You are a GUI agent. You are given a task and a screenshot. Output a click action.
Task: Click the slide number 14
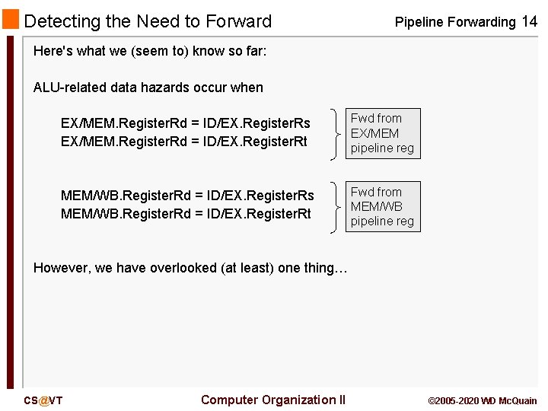pyautogui.click(x=529, y=21)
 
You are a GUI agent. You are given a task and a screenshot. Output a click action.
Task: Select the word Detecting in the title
pyautogui.click(x=59, y=21)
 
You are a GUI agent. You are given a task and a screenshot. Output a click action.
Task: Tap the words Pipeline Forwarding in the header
pyautogui.click(x=454, y=22)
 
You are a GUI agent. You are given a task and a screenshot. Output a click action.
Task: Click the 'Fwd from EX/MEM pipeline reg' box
pyautogui.click(x=382, y=133)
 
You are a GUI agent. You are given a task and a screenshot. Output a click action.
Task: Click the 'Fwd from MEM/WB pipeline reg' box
pyautogui.click(x=382, y=207)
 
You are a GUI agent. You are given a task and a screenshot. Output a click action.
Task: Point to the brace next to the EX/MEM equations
pyautogui.click(x=337, y=133)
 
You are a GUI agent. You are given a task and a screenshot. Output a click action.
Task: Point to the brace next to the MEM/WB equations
pyautogui.click(x=337, y=207)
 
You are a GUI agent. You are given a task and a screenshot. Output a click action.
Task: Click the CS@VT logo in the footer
pyautogui.click(x=43, y=400)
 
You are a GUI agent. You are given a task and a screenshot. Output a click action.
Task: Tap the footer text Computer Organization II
pyautogui.click(x=273, y=400)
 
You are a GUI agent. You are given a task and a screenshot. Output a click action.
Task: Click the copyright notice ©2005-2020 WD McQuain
pyautogui.click(x=483, y=400)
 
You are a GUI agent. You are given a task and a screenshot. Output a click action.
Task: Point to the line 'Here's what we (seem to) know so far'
pyautogui.click(x=150, y=52)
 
